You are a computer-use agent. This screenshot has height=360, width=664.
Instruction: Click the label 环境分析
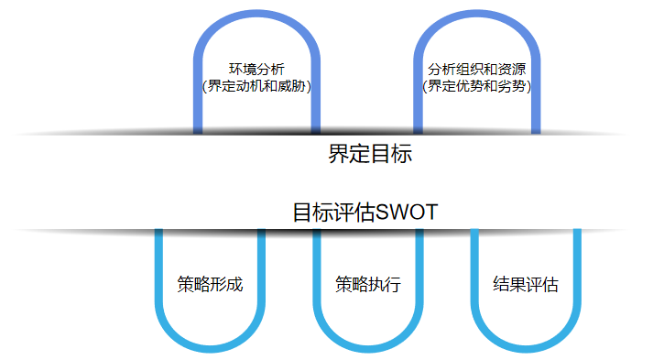coord(256,70)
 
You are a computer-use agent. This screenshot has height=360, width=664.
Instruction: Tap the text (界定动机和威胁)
coord(256,87)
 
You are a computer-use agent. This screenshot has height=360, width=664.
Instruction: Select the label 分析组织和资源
coord(476,70)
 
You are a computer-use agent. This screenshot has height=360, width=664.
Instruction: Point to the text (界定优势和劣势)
coord(476,87)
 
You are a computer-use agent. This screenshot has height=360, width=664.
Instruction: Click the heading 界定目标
coord(370,154)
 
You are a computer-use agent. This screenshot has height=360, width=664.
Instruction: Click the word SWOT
coord(408,213)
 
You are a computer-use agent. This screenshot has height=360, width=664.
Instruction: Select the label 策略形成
coord(210,283)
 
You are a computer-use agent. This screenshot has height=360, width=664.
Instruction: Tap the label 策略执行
coord(368,283)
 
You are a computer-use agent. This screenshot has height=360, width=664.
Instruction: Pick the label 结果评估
coord(526,283)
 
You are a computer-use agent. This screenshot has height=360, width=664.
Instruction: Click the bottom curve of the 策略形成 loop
coord(210,347)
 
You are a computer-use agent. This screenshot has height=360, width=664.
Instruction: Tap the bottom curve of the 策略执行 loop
coord(368,347)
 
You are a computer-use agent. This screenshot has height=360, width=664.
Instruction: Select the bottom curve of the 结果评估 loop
coord(526,347)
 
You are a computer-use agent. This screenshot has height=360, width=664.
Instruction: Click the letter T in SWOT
coord(432,213)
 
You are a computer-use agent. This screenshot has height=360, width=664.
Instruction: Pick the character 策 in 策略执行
coord(343,283)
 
